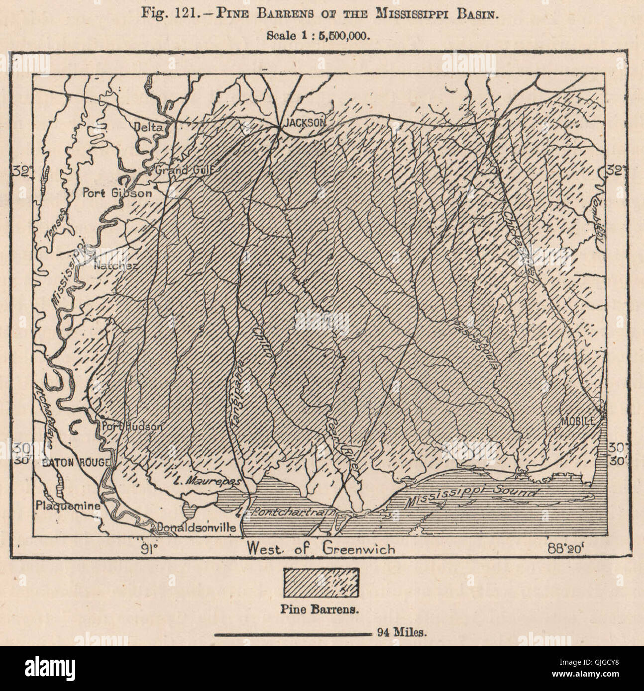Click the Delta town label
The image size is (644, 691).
[149, 128]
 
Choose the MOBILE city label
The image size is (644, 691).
[578, 421]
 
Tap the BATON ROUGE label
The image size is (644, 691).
[75, 462]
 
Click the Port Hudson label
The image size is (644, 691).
[125, 426]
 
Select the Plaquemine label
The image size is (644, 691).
[68, 506]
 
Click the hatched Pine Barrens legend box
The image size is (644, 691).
[321, 582]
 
